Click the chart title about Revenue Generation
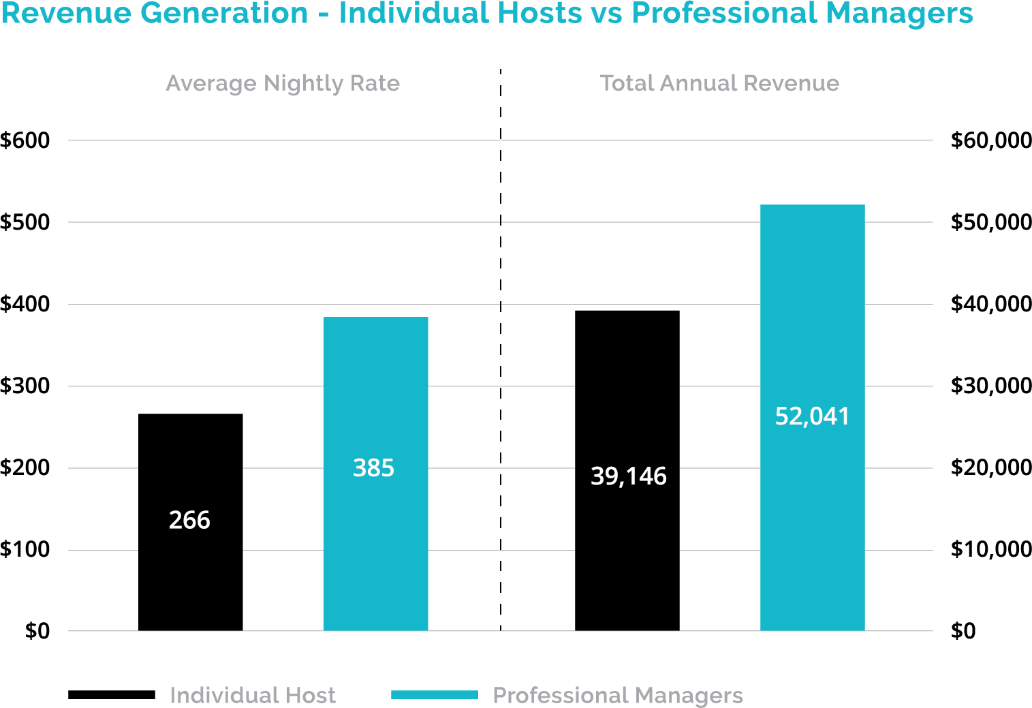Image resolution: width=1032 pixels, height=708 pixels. (486, 14)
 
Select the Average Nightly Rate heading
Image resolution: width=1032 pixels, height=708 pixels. (283, 83)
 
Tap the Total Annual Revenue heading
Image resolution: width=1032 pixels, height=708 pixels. (719, 83)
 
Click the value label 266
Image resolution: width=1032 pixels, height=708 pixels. (189, 521)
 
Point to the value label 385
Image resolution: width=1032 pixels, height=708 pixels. (373, 468)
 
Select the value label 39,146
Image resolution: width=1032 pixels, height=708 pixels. (628, 476)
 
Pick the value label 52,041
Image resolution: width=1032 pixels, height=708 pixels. (812, 416)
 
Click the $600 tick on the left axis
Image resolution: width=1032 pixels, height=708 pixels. (25, 140)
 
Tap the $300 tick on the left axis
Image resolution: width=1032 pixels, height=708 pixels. (25, 386)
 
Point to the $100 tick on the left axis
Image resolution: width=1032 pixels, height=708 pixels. (25, 549)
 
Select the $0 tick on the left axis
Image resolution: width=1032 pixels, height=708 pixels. (37, 631)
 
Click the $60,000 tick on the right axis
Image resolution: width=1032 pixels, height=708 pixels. (991, 140)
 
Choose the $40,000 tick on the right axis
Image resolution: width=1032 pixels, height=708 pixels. (991, 304)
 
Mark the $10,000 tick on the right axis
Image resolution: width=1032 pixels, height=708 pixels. (991, 549)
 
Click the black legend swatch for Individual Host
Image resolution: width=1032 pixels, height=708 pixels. (112, 695)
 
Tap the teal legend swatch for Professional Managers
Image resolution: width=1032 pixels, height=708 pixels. (435, 695)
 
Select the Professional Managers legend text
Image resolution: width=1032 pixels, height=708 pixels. (617, 696)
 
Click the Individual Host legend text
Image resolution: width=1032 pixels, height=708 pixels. (253, 696)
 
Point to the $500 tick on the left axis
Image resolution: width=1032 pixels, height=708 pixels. (25, 222)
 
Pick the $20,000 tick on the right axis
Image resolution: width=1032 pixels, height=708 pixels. (991, 467)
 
